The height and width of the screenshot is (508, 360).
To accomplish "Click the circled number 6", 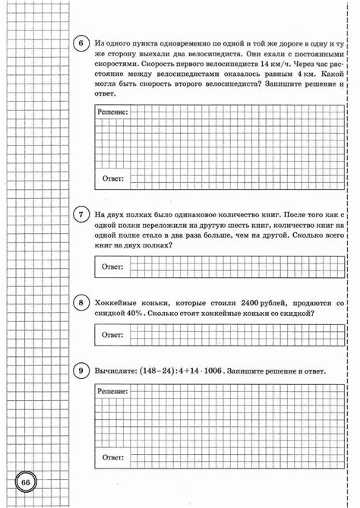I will [81, 43].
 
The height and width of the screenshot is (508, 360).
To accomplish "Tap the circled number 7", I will [81, 215].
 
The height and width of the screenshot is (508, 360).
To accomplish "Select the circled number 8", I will [81, 304].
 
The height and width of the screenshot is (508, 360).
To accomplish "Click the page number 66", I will [25, 484].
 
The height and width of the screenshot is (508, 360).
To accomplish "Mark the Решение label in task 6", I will [113, 112].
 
